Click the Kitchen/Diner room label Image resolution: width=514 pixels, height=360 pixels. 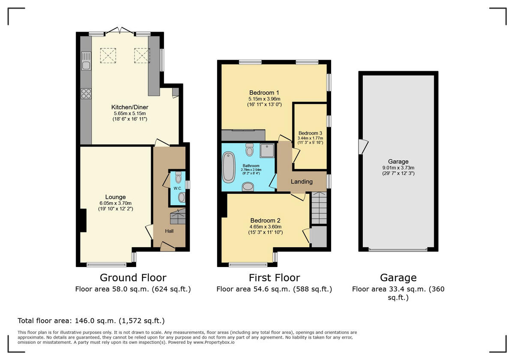(129, 107)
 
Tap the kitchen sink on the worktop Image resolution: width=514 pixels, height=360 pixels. (86, 61)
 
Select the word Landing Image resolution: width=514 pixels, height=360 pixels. (302, 181)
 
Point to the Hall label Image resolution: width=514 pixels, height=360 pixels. (170, 231)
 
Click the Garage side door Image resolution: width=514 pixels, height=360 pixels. (363, 147)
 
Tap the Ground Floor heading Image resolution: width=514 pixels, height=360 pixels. (133, 278)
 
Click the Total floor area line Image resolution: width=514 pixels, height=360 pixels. (91, 321)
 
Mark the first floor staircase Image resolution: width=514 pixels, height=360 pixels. (319, 208)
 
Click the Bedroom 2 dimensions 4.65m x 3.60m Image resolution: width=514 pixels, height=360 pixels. (266, 227)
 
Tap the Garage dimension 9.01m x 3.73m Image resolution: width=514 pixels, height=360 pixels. (398, 168)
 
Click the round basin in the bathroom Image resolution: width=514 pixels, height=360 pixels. (248, 186)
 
